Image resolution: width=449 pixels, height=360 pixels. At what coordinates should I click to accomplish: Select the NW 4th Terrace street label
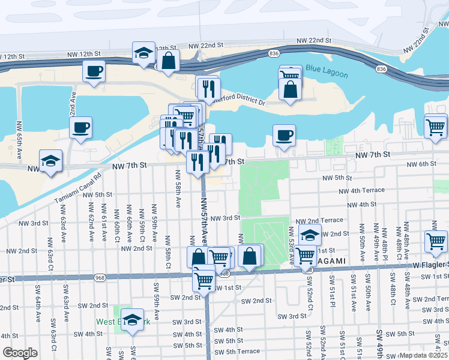(x=361, y=191)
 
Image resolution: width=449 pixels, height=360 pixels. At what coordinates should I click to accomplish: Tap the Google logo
(x=20, y=352)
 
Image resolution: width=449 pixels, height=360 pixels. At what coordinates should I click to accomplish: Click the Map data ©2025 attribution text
(x=423, y=355)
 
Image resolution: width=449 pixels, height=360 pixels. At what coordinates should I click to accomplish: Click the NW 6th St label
(x=421, y=164)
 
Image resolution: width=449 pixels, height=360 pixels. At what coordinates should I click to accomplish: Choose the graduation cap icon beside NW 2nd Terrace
(x=310, y=235)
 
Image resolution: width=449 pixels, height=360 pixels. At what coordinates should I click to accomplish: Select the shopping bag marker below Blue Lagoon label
(x=291, y=90)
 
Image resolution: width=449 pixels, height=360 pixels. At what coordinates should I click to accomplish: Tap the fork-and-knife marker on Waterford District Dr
(x=208, y=89)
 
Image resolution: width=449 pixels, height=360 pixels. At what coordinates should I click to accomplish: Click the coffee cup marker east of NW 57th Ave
(x=284, y=134)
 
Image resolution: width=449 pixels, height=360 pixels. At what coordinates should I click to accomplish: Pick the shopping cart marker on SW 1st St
(x=204, y=278)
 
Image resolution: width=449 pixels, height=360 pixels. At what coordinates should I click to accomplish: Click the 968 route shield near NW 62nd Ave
(x=99, y=277)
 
